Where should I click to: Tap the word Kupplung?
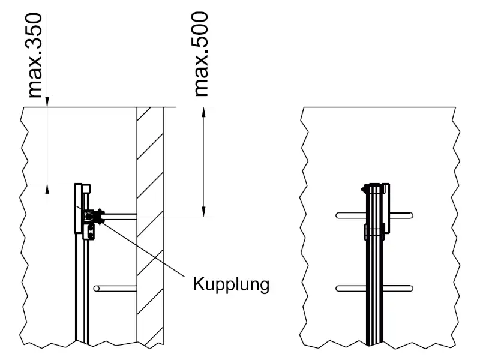[230, 283]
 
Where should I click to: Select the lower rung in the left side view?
[115, 289]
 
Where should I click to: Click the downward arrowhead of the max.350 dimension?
[47, 103]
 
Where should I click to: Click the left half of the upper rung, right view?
[351, 214]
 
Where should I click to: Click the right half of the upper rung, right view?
[401, 214]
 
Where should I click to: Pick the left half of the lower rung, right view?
[351, 289]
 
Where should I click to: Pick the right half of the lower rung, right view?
[399, 289]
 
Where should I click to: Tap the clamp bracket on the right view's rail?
[374, 232]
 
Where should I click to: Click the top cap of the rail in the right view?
[375, 185]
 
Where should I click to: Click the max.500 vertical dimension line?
[205, 162]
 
